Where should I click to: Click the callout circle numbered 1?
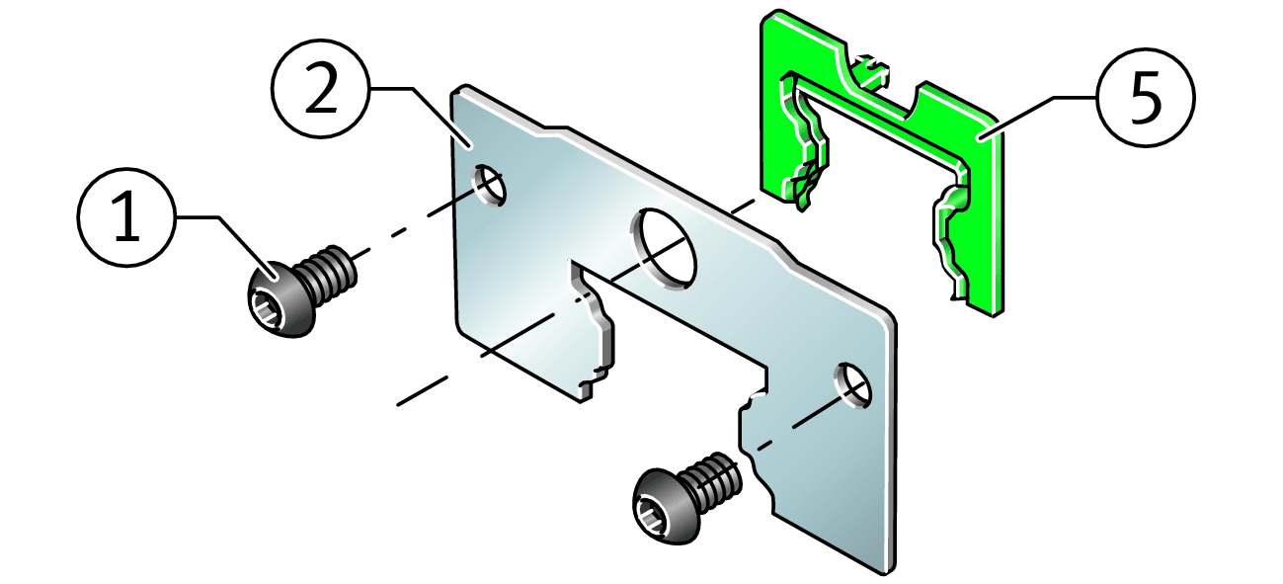click(x=126, y=217)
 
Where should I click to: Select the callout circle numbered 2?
click(x=321, y=88)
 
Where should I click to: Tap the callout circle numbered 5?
click(x=1146, y=98)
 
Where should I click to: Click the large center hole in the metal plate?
click(x=664, y=249)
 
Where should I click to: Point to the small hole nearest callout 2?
click(x=489, y=186)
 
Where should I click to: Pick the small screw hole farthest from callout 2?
click(x=852, y=385)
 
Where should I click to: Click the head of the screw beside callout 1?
click(x=281, y=298)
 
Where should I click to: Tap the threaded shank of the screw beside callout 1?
click(x=328, y=274)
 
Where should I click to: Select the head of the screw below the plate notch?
click(x=666, y=506)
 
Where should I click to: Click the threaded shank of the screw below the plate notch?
click(x=712, y=481)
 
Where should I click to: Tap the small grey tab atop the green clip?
click(x=870, y=72)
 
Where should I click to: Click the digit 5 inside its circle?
click(x=1146, y=98)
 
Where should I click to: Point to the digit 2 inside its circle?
click(x=321, y=88)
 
